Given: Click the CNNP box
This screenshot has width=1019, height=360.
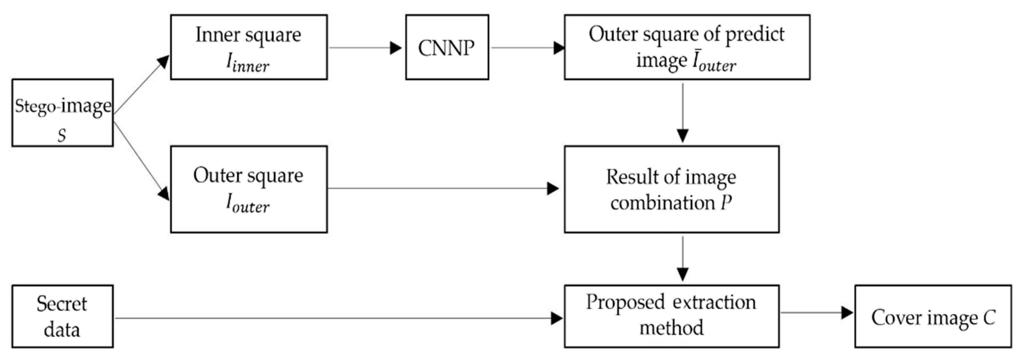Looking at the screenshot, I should coord(447,47).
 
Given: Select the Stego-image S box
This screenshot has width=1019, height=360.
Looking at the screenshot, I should coord(62,113).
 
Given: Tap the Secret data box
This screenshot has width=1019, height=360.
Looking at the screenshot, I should coord(62,316).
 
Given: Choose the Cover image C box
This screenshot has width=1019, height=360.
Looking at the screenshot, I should coord(933,316).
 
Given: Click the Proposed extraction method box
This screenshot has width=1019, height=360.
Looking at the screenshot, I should coord(671,316).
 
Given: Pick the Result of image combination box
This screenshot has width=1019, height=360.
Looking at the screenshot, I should coord(671,189).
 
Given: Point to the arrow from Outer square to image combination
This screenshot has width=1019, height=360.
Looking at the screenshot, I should coord(443,188).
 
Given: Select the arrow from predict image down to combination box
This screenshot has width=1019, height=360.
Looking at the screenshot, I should coord(682,113).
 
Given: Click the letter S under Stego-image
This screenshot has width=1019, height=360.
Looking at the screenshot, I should coord(62,136).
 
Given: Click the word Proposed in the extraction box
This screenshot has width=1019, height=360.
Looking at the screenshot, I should coord(625,303).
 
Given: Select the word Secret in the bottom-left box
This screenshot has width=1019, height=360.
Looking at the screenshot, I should coord(62,304).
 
